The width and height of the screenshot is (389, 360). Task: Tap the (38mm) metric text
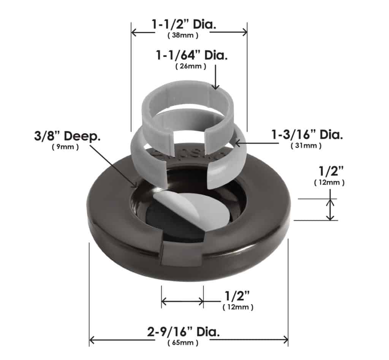[183, 36]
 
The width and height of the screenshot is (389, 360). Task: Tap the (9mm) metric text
[65, 147]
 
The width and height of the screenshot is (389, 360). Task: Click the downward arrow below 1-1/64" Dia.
[215, 78]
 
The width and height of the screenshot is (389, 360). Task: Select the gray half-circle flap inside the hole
[190, 207]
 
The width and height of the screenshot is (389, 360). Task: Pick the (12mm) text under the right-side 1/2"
[329, 183]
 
